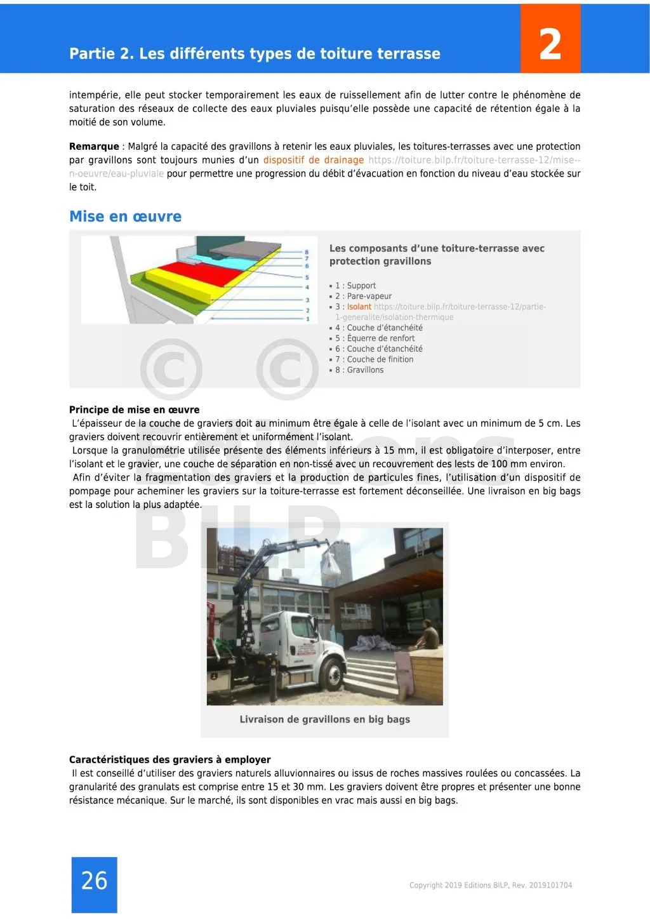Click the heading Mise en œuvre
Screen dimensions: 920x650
tap(125, 217)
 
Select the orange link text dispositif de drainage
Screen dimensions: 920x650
tap(314, 160)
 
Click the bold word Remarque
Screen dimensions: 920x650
tap(94, 146)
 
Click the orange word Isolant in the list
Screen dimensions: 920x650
tap(359, 307)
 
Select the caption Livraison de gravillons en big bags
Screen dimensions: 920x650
tap(324, 719)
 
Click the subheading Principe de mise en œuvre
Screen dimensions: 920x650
tap(134, 410)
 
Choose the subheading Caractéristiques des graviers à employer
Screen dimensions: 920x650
tap(169, 759)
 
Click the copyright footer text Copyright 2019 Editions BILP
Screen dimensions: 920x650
tap(490, 885)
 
